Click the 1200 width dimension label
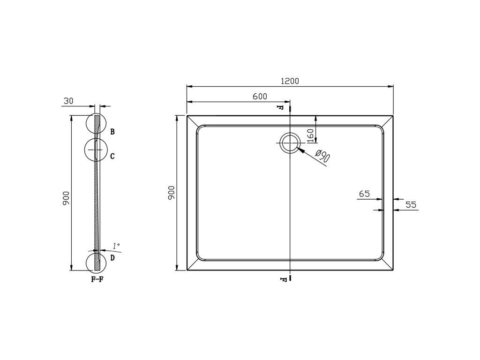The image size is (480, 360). point(290,81)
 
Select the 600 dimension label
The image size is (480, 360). point(260,97)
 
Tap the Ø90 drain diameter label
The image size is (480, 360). point(322,156)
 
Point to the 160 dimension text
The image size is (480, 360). point(310,135)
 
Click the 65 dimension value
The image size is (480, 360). point(364,194)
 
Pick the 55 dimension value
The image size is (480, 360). point(411,204)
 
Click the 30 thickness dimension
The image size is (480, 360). point(68,101)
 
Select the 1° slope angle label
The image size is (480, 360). point(116,246)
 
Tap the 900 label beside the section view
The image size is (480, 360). point(67,198)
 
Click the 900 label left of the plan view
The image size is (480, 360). point(171,193)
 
